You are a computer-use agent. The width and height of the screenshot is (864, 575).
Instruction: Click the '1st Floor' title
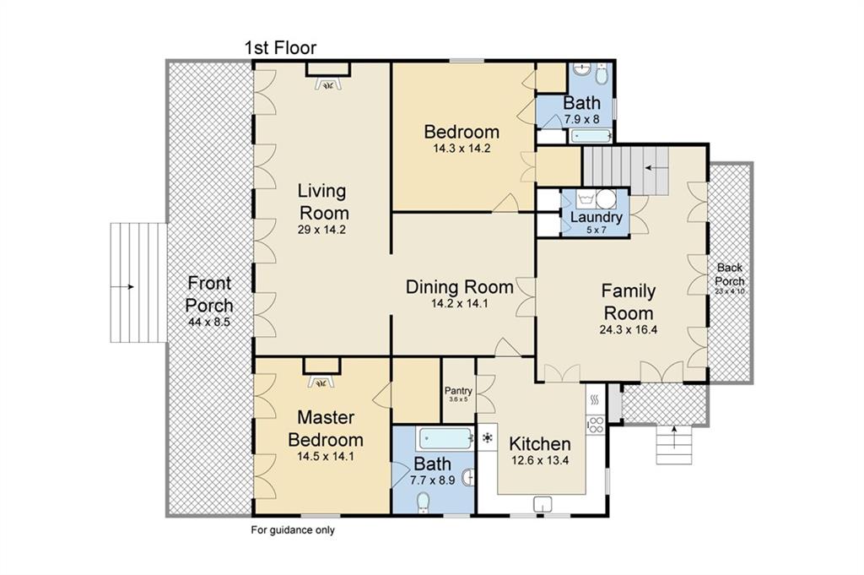tap(280, 48)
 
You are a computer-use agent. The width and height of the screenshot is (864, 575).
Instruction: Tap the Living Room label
tap(322, 202)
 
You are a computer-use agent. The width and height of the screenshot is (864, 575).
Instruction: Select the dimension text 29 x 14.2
tap(321, 230)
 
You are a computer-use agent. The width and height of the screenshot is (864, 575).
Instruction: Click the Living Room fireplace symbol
tap(329, 84)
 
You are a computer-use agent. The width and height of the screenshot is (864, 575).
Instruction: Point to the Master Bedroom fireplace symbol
tap(321, 382)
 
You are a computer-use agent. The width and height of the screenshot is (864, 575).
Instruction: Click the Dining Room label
tap(460, 287)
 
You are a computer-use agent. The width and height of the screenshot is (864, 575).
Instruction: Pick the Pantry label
tap(458, 391)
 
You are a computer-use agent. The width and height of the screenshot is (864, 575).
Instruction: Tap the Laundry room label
tap(597, 217)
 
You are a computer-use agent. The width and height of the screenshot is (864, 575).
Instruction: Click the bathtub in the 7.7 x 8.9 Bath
tap(445, 439)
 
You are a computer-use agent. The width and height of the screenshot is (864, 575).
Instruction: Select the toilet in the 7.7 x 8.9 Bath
tap(424, 502)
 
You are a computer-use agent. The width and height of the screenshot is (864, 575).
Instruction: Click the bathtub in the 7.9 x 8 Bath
tap(590, 136)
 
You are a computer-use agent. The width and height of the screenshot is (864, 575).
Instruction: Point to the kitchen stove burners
tap(596, 425)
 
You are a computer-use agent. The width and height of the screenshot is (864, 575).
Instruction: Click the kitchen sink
tap(543, 504)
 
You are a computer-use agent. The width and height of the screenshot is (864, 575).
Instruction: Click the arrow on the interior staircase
tap(654, 167)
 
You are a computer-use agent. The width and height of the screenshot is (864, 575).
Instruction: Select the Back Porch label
tap(730, 274)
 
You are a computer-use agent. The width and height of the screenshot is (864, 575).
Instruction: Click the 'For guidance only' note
tap(293, 530)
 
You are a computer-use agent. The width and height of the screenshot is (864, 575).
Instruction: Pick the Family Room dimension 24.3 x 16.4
tap(628, 330)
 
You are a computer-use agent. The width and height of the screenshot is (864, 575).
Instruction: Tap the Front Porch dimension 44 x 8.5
tap(209, 322)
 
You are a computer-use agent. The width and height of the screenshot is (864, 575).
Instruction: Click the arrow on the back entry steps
tap(672, 436)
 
